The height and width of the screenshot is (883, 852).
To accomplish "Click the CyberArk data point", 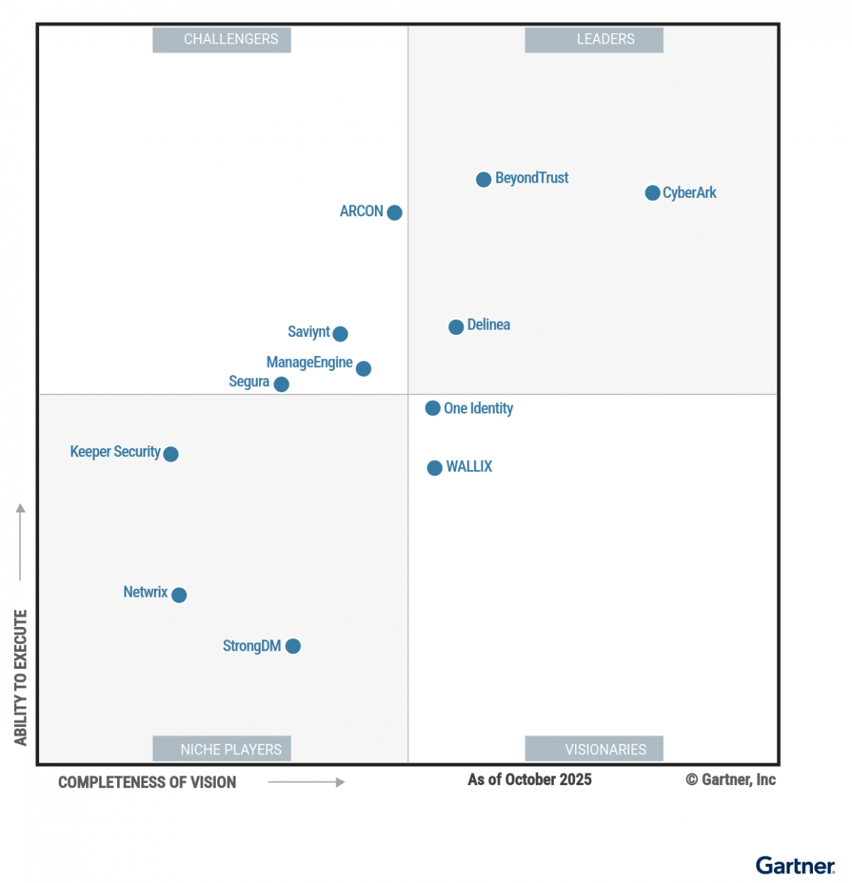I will [652, 193].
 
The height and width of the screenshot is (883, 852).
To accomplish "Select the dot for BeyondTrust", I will [483, 180].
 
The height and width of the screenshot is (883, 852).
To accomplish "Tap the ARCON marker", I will [395, 213].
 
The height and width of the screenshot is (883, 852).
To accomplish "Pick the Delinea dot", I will [456, 327].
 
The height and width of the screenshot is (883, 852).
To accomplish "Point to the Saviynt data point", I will [340, 334].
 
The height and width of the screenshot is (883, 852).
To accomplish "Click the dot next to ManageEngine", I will [363, 369].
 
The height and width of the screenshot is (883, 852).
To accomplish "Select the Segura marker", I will [281, 384].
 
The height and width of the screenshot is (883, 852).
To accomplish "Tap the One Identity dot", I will [433, 408].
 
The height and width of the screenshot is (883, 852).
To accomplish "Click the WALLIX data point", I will [434, 468].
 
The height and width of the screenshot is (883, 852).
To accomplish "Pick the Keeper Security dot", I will [171, 454].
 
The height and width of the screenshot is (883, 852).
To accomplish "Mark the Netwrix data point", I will [179, 595].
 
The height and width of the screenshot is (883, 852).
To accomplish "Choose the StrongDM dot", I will [293, 646].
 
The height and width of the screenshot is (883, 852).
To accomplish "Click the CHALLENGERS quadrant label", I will [222, 40].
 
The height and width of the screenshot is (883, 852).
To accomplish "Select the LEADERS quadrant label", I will [594, 40].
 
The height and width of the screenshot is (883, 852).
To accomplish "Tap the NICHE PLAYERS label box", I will [222, 749].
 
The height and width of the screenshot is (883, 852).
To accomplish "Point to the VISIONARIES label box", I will [594, 749].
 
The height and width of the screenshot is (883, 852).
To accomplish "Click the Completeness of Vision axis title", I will [147, 782].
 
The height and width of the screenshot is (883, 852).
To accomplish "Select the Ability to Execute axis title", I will [21, 677].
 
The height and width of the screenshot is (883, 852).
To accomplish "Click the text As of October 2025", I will [529, 780].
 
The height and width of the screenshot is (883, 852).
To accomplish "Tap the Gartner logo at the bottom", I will [795, 866].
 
